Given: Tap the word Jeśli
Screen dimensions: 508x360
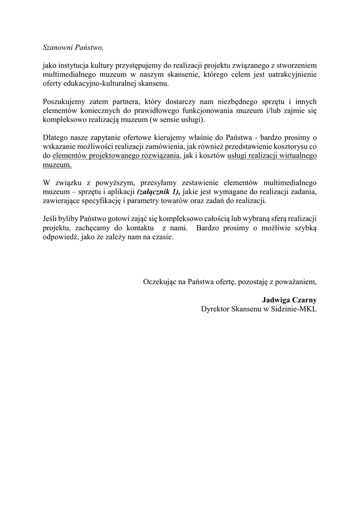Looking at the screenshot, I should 50,219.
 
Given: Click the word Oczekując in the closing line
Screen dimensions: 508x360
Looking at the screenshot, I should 160,282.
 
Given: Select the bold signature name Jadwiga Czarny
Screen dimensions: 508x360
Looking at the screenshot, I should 289,300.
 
